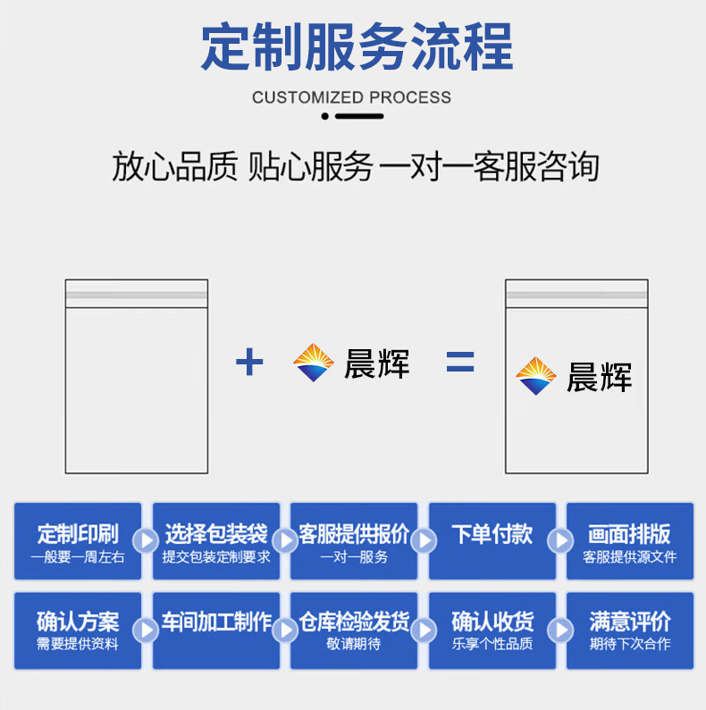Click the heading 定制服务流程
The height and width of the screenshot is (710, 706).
point(357,47)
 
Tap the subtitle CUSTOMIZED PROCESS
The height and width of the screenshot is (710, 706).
point(351,97)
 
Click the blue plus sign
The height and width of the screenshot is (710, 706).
point(249,363)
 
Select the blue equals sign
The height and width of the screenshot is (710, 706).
point(460,363)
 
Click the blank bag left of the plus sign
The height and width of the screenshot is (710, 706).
point(136,376)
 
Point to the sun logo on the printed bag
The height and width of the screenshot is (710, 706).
point(536,376)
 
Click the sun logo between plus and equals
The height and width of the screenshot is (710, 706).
point(313,363)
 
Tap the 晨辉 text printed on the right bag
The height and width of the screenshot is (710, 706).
point(599,377)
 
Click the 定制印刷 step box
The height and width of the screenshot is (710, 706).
point(78,542)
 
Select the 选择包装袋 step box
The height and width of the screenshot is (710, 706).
point(216,542)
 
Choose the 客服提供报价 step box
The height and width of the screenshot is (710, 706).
point(354,542)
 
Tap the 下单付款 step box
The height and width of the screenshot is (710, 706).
point(492,542)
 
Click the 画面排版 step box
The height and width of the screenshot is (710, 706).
point(630,542)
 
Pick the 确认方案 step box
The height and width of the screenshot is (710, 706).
point(78,631)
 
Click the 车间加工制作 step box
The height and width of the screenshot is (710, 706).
point(216,631)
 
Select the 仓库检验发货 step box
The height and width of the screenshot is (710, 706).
point(354,631)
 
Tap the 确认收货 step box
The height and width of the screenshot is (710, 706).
point(492,631)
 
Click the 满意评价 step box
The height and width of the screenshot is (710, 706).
point(630,631)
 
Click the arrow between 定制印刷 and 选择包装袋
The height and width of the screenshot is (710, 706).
point(145,540)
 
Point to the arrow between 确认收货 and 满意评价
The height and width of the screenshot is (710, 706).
point(560,630)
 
